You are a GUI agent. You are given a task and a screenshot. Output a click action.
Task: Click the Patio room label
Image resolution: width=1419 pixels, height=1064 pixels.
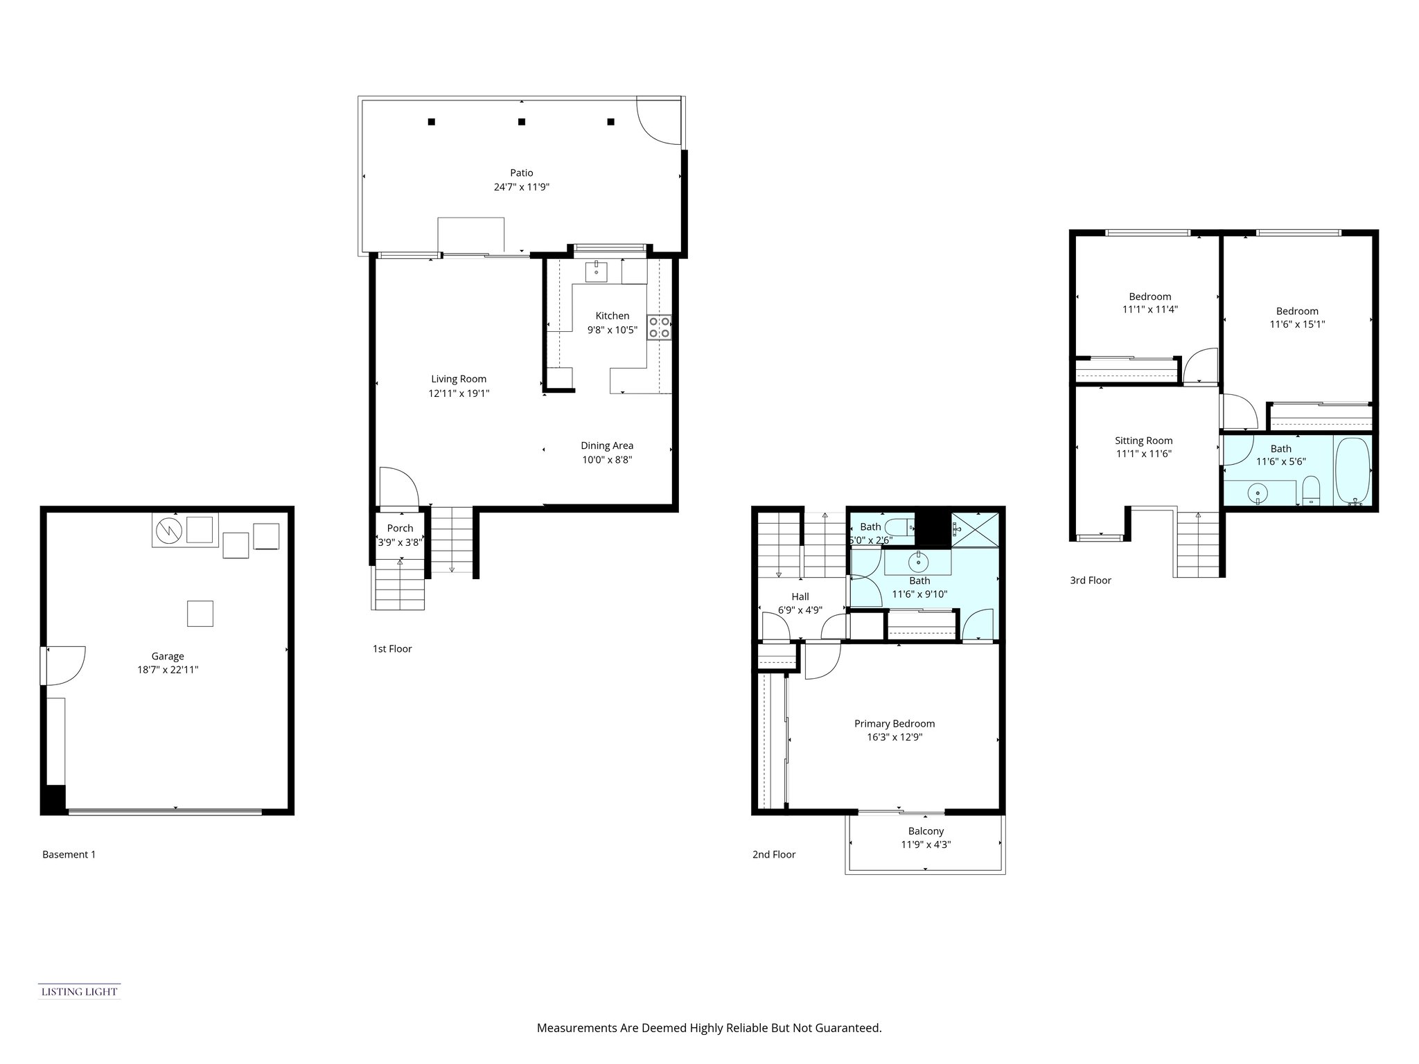tap(522, 172)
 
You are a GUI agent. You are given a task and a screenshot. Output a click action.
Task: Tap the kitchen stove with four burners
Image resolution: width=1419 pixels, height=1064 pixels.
tap(659, 327)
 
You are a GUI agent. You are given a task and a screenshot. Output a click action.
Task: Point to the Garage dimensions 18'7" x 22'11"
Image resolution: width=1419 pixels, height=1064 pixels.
tap(168, 670)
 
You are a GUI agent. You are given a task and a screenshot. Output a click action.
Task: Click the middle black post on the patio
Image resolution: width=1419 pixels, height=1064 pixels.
tap(522, 122)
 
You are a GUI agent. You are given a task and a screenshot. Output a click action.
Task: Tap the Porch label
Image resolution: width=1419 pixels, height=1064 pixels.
tap(400, 529)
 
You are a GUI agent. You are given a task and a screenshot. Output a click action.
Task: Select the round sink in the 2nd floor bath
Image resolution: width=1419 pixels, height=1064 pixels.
tap(918, 560)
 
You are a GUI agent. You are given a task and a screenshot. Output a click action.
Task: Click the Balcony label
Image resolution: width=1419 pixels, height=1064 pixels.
tap(926, 831)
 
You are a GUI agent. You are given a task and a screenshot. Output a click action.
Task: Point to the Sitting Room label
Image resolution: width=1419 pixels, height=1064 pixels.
tap(1143, 441)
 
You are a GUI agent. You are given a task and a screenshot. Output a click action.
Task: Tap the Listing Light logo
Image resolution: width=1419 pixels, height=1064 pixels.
tap(79, 991)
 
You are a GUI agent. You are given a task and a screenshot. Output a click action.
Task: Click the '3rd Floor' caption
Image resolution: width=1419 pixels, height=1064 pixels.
tap(1090, 580)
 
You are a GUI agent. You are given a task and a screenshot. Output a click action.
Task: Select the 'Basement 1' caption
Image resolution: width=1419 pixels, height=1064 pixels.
tap(69, 854)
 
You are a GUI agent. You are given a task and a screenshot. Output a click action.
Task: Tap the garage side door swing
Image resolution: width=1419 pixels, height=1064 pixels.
tap(64, 664)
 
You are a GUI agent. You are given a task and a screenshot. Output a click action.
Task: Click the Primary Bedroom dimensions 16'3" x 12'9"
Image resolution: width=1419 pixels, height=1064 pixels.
tap(894, 738)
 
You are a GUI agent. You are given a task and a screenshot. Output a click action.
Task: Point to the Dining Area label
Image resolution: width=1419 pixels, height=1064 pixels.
tap(607, 445)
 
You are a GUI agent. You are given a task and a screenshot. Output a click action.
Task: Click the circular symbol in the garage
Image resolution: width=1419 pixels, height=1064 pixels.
tap(168, 531)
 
